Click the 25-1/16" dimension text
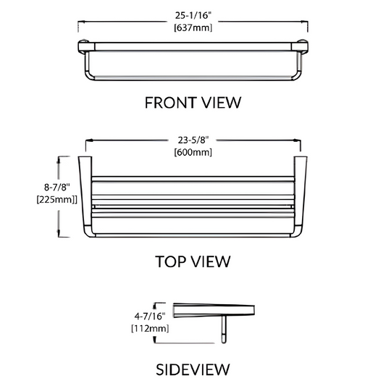[x=193, y=15]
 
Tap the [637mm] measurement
[x=193, y=28]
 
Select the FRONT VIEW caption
[x=193, y=103]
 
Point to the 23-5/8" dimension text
[x=193, y=140]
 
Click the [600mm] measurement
[x=193, y=152]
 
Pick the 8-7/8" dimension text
[x=57, y=188]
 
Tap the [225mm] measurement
[x=57, y=200]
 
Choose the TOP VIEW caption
[x=193, y=261]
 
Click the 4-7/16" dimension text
[x=150, y=316]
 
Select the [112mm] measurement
[x=150, y=328]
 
